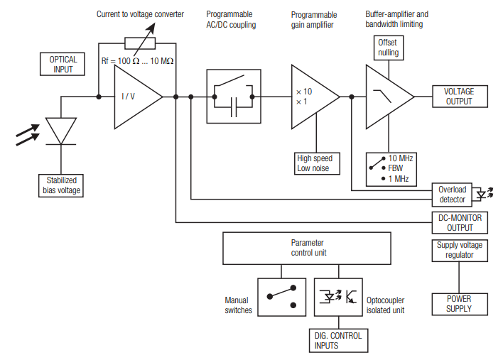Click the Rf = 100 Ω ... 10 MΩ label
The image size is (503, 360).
[137, 61]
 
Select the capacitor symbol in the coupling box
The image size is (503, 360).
[234, 107]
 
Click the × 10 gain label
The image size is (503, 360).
[304, 92]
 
